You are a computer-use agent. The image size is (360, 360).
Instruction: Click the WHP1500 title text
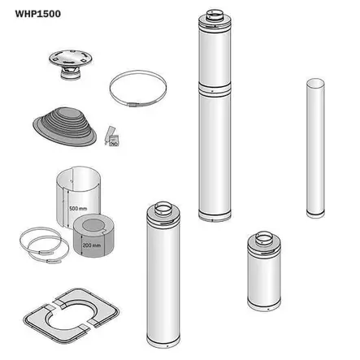pos(37,14)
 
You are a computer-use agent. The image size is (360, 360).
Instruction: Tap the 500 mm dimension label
pos(78,208)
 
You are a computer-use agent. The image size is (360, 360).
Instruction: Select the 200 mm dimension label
pos(92,245)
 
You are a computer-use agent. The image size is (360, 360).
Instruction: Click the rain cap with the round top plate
pos(71,64)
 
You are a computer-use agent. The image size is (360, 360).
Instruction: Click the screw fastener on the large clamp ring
pos(133,105)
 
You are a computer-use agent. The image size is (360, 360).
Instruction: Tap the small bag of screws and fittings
pos(112,137)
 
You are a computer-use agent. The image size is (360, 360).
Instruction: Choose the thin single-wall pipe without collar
pos(315,148)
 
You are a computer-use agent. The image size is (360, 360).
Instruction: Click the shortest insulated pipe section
pos(264,271)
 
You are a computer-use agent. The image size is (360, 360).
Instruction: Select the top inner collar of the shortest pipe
pos(264,237)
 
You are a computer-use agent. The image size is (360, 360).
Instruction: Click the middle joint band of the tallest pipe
pos(215,89)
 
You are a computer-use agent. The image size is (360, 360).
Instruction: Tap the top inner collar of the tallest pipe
pos(215,15)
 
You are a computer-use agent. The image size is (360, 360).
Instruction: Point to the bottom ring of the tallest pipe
pos(215,216)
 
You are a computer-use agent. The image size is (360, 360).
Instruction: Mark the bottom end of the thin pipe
pos(315,214)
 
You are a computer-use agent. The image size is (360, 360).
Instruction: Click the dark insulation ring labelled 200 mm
pos(93,236)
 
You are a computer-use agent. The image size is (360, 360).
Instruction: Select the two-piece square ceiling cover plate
pos(72,316)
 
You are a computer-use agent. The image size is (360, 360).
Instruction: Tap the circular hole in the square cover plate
pos(72,315)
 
